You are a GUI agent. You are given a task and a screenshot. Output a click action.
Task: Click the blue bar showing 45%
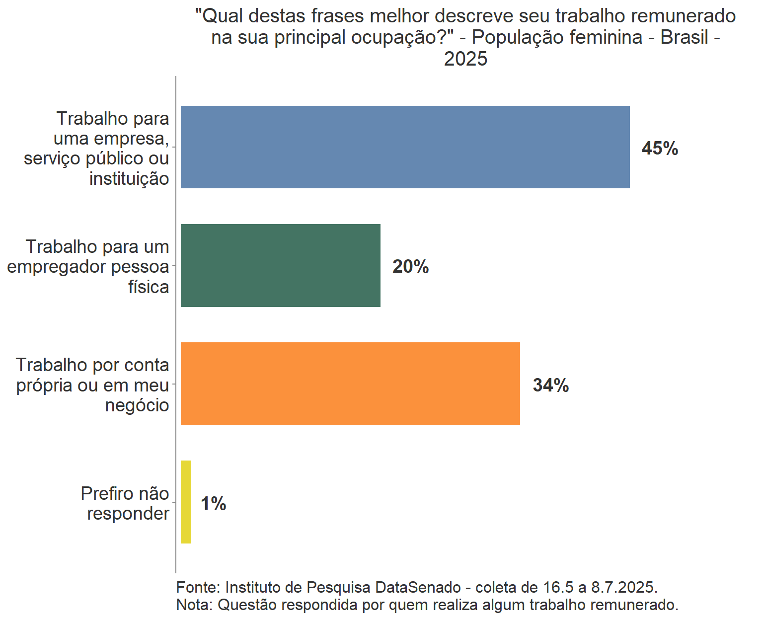click(x=405, y=147)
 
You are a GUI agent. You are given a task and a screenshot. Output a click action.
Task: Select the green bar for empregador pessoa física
click(x=280, y=265)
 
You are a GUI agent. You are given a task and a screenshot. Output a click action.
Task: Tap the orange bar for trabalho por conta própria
click(x=350, y=384)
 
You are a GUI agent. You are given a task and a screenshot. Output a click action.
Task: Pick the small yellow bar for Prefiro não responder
click(x=186, y=502)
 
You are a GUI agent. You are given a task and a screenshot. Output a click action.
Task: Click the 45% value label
click(x=660, y=148)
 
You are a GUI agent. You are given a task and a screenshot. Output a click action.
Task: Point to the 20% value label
click(x=410, y=267)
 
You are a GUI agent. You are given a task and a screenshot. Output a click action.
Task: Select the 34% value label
click(x=550, y=385)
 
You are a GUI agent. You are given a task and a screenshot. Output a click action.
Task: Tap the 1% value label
click(x=213, y=504)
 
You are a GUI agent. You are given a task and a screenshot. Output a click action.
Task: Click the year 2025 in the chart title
click(x=465, y=59)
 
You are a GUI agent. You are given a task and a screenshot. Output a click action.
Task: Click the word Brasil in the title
click(x=684, y=37)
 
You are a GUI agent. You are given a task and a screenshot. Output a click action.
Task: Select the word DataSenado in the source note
click(x=418, y=587)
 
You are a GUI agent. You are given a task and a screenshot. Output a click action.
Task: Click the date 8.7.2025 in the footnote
click(x=624, y=587)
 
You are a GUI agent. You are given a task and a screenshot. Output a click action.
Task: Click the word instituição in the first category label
click(x=129, y=178)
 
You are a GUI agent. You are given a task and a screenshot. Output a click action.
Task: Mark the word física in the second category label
click(x=149, y=287)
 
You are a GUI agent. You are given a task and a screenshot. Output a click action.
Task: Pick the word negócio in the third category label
click(x=137, y=405)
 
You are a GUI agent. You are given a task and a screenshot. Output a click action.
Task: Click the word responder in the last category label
click(x=128, y=514)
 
